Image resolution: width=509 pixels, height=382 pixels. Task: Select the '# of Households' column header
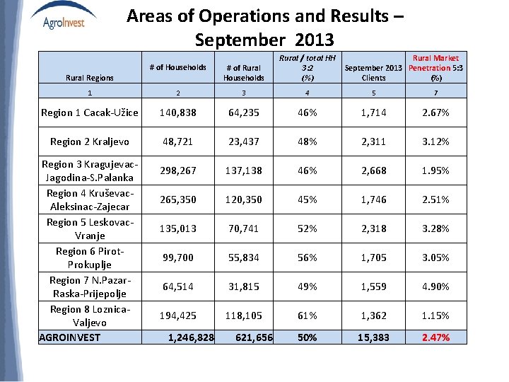(x=177, y=67)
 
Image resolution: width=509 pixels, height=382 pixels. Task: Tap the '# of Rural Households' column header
(x=243, y=73)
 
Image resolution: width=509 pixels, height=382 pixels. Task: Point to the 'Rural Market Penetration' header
(x=435, y=68)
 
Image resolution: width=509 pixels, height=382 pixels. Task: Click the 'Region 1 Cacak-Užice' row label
(x=89, y=112)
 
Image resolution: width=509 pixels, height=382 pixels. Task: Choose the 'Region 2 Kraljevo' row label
(x=90, y=141)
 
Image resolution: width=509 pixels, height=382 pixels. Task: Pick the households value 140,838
(x=177, y=112)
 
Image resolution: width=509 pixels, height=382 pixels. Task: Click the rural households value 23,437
(x=243, y=141)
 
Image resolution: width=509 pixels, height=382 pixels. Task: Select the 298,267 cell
(x=177, y=170)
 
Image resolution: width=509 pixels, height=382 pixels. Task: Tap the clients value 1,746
(x=373, y=199)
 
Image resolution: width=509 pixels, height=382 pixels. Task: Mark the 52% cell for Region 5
(x=308, y=228)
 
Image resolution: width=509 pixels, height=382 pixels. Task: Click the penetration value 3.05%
(x=435, y=257)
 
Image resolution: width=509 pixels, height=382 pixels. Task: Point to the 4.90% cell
(x=435, y=286)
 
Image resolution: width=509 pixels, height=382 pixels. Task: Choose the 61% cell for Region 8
(x=308, y=316)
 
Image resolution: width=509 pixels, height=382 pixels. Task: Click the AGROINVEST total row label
(x=70, y=337)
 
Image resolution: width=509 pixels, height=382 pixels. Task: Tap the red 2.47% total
(x=435, y=337)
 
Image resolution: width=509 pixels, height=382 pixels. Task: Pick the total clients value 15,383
(x=373, y=337)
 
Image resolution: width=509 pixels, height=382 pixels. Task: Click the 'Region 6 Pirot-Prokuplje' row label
(x=90, y=257)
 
